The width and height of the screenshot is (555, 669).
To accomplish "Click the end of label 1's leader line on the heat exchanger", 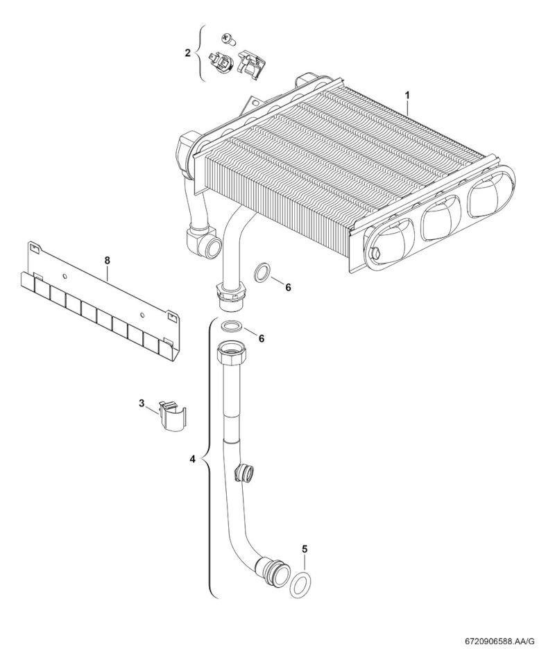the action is pos(408,114).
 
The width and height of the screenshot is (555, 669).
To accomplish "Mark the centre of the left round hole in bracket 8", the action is pos(64,277).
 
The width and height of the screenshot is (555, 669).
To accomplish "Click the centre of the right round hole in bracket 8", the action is pos(143,315).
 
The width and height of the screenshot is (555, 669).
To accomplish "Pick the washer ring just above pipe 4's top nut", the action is pos(231,326).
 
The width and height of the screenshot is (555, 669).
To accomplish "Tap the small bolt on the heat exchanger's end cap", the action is pos(375,252).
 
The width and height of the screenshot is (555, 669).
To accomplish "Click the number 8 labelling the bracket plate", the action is pos(107,259).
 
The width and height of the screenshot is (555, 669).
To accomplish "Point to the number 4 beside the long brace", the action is pos(192,459).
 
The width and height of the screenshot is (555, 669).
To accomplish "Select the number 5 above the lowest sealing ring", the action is pos(305,548).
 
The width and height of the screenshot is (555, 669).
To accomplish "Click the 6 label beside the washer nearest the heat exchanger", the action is pos(288,288).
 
